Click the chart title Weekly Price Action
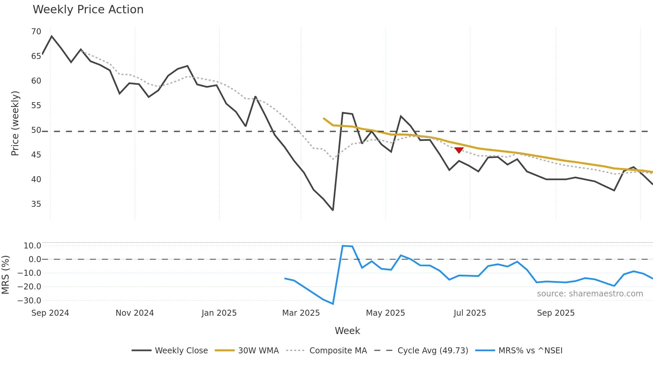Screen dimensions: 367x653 click(x=88, y=10)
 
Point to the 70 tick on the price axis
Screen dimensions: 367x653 click(x=36, y=32)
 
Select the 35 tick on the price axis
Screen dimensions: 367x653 click(x=36, y=204)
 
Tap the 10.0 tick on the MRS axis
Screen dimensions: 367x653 click(x=32, y=246)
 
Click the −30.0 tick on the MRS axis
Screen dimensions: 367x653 click(x=29, y=300)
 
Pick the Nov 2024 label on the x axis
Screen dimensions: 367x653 click(x=135, y=313)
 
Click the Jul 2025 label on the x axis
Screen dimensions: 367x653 click(x=469, y=313)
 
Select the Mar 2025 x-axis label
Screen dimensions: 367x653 click(x=301, y=313)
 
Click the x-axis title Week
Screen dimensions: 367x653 click(x=347, y=331)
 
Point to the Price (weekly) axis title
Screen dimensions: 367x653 click(x=15, y=123)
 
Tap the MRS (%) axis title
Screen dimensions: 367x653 click(x=5, y=275)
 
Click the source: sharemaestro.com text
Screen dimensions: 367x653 click(x=590, y=294)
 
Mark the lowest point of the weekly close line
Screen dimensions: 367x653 click(x=333, y=210)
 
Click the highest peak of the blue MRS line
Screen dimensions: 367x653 click(x=343, y=246)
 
